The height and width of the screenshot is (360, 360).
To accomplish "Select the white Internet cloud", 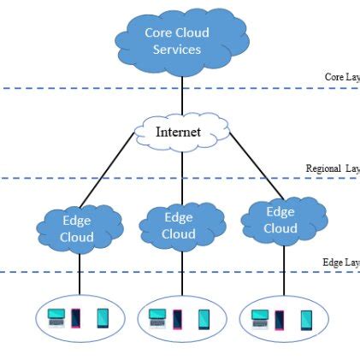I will click(x=180, y=132).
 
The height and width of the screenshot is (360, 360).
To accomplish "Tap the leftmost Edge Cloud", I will click(x=78, y=227).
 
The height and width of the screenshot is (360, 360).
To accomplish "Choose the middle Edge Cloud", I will click(x=179, y=226).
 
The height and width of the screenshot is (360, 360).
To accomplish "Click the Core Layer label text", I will click(x=342, y=77).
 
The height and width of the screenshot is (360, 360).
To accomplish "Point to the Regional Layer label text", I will click(x=333, y=168).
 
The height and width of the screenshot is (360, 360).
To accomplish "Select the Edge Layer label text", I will click(x=340, y=262).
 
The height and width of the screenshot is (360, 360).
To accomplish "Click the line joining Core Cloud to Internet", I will click(x=182, y=95).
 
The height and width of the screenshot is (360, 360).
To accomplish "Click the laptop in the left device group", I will click(x=56, y=318).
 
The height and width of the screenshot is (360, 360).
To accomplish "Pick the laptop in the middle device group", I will click(x=158, y=318).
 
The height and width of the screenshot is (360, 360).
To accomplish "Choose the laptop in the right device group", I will click(x=261, y=318).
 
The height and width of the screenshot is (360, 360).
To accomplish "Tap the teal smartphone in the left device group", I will click(x=103, y=319).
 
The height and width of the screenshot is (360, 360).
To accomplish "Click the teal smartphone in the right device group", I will click(x=306, y=319).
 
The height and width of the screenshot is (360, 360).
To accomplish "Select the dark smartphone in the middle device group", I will click(x=178, y=319).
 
